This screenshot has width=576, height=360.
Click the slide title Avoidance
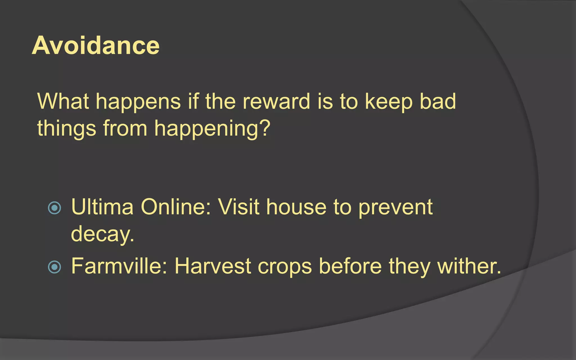96,46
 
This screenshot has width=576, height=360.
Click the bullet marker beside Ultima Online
55,208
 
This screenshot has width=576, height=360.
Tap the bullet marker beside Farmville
55,267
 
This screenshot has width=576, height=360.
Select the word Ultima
102,207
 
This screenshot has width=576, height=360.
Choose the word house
296,207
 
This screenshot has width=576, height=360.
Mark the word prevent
395,208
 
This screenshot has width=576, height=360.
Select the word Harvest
213,266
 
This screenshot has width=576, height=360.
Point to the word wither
469,266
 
